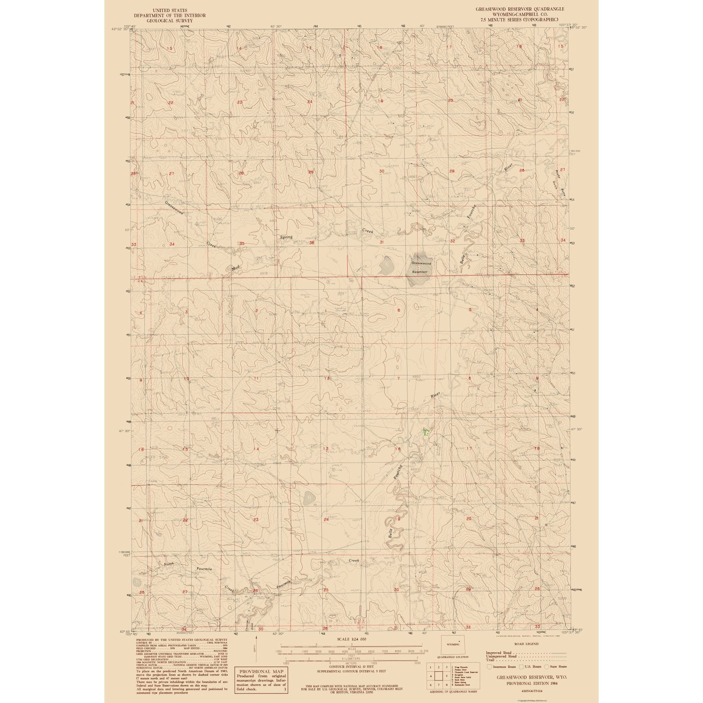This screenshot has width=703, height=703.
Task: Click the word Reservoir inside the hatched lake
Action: click(419, 271)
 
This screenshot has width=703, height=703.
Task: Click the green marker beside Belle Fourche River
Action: click(426, 432)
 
